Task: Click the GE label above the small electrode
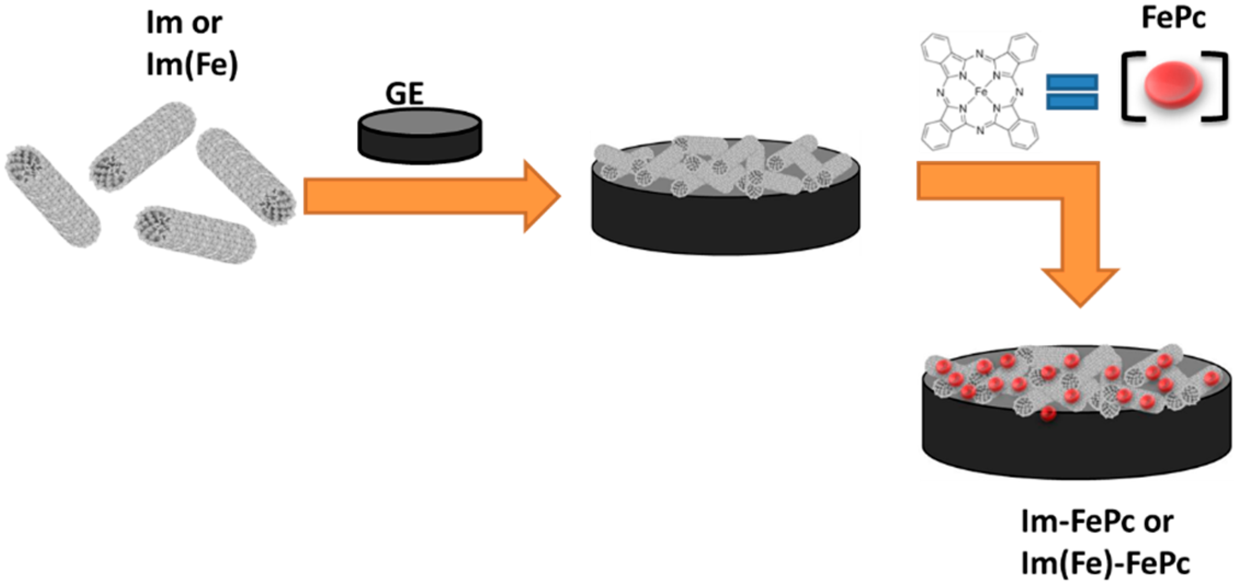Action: [x=404, y=94]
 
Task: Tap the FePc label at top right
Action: [x=1173, y=18]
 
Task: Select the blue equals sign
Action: [x=1072, y=92]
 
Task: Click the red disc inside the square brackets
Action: [x=1173, y=85]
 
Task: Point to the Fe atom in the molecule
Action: [x=981, y=93]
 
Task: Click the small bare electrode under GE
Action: [x=419, y=136]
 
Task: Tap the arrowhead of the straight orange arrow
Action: [x=540, y=196]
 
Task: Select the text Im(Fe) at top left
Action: [x=192, y=65]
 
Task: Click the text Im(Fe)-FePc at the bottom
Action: [x=1105, y=563]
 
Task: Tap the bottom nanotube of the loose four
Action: [x=195, y=234]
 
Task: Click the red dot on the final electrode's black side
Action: [x=1048, y=414]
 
